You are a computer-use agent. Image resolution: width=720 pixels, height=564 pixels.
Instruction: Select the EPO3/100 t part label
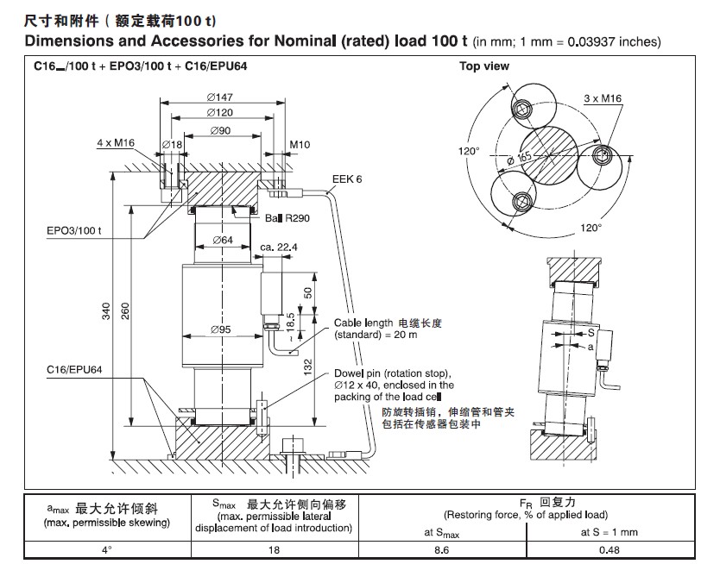click(x=75, y=231)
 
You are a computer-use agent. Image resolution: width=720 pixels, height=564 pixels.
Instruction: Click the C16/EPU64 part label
click(x=75, y=370)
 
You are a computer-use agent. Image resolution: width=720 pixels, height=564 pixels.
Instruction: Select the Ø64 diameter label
click(x=222, y=240)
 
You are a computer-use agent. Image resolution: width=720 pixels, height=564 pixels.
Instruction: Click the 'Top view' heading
click(x=483, y=66)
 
